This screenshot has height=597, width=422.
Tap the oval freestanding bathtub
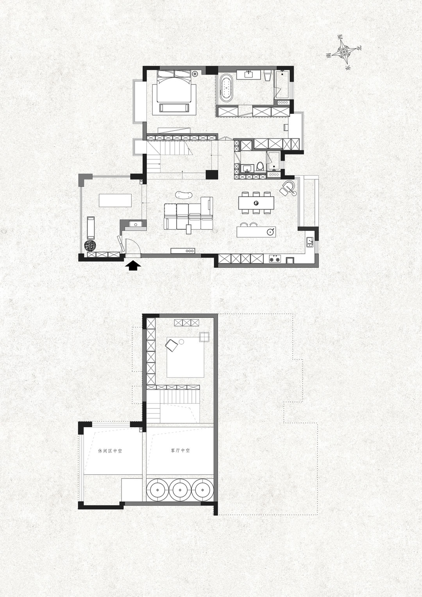point(226,88)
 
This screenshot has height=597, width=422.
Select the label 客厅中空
point(181,451)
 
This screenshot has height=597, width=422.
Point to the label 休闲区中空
point(110,451)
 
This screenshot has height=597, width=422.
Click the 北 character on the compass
point(359,48)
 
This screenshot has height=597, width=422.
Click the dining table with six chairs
point(256,203)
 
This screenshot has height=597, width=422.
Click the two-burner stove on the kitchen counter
point(275,258)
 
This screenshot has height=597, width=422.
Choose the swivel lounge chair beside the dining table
point(288,188)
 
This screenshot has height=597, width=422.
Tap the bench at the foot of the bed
point(174,108)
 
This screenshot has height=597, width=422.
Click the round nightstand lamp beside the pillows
point(195,73)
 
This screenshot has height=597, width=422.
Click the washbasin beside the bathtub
point(249,74)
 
